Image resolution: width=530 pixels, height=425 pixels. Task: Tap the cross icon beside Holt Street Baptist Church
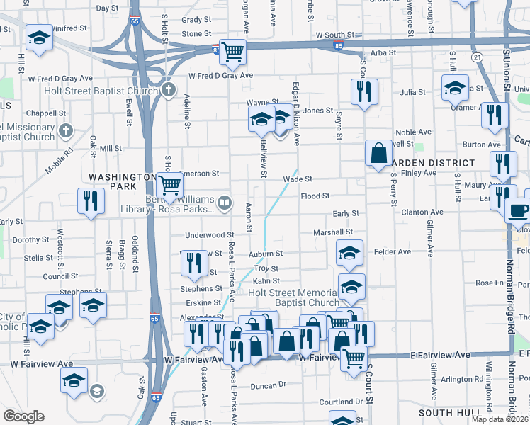pos(168,90)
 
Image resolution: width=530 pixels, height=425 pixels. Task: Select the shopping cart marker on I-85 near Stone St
pos(232,51)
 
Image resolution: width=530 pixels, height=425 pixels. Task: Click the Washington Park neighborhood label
pos(112,181)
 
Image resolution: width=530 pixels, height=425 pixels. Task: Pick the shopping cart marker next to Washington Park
pos(169,186)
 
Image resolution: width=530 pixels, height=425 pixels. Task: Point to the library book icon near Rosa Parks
pos(225,204)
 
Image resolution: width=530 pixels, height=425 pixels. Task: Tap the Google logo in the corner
pos(23,416)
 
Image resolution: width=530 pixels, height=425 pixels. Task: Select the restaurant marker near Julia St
pos(364,91)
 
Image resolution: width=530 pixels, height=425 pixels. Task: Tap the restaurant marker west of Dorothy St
pos(91,200)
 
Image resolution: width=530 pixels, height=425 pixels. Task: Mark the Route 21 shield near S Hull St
pos(478,57)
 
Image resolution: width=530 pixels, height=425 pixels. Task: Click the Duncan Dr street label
pos(268,385)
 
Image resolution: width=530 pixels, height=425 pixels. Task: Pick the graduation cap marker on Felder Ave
pos(350,252)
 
